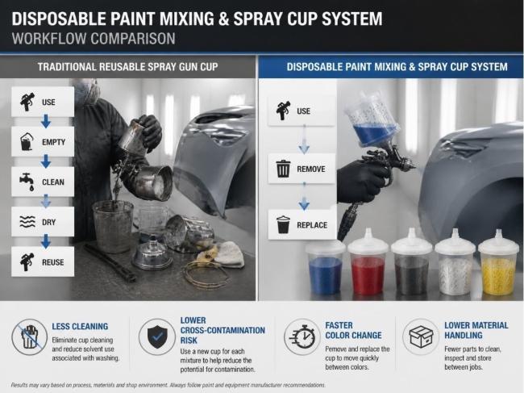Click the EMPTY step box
(43, 141)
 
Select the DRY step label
(49, 222)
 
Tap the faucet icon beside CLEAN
(27, 182)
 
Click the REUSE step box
(43, 261)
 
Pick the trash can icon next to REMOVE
(283, 169)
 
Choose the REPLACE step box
(302, 225)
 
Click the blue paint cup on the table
(325, 268)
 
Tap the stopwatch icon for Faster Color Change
(302, 337)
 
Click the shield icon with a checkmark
(157, 337)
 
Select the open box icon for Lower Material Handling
(420, 337)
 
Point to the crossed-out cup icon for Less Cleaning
(29, 337)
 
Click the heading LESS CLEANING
(80, 326)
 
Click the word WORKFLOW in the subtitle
(49, 39)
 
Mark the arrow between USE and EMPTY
(46, 121)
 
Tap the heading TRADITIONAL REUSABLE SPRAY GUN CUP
(127, 66)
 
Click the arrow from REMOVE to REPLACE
(304, 197)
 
